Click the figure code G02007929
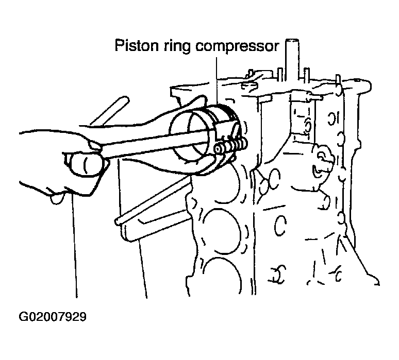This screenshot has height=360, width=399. [53, 317]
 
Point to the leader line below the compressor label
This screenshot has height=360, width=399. [217, 81]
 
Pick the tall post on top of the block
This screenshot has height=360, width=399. [292, 59]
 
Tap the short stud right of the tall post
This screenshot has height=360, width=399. [307, 75]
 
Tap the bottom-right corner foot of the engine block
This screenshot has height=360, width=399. [374, 280]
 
